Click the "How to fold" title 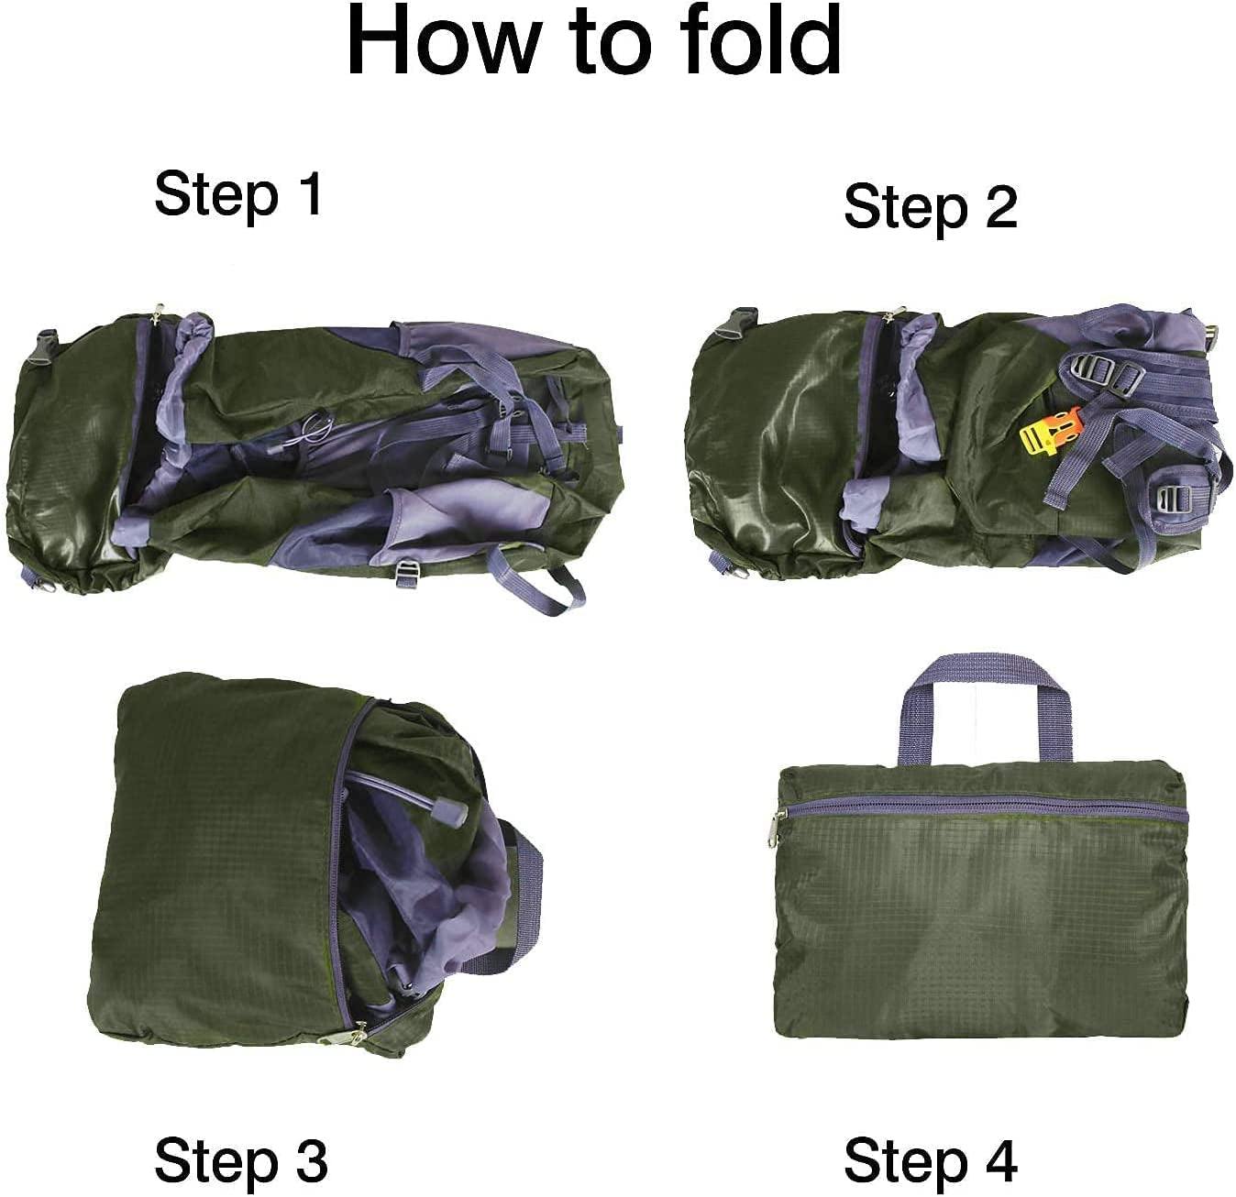(594, 41)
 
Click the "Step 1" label (238, 193)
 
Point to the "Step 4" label (930, 1160)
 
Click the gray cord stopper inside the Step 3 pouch (451, 809)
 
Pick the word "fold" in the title (760, 41)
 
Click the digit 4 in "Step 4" (999, 1160)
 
